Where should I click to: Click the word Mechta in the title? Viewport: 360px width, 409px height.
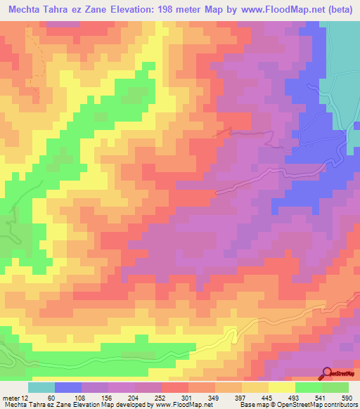(x=27, y=11)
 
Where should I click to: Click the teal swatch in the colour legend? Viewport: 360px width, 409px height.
(x=41, y=388)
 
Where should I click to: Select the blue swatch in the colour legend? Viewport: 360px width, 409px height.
(x=68, y=388)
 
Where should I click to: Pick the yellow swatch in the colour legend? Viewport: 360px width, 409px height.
(x=282, y=388)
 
